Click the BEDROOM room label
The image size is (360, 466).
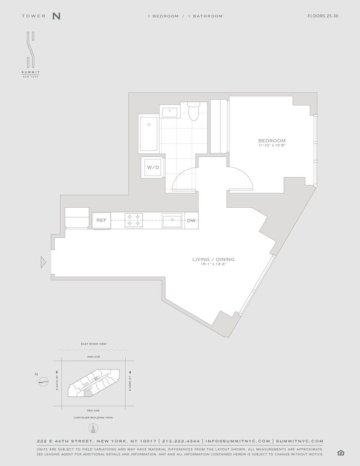click(271, 141)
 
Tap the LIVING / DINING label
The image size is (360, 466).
click(213, 259)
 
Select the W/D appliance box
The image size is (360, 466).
click(152, 167)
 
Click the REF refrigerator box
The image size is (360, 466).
click(101, 220)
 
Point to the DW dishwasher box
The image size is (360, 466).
click(191, 220)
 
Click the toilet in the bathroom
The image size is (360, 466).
click(193, 112)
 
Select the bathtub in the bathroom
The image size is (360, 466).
click(148, 134)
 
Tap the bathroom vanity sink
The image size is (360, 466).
click(169, 112)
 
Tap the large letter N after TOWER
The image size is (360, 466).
click(56, 16)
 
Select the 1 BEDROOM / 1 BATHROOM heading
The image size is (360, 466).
click(185, 16)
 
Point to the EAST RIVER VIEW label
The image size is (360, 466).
click(94, 344)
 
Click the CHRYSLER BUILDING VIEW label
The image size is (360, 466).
click(94, 417)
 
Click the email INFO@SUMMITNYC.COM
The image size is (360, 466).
click(238, 441)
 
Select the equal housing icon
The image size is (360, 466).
click(341, 453)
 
